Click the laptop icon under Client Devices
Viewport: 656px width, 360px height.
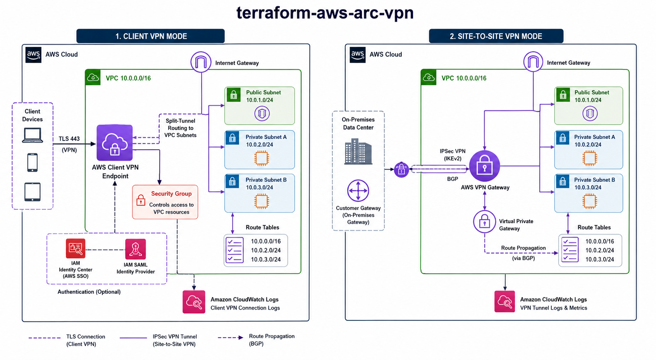pos(33,135)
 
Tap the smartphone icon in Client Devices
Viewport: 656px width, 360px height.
pos(33,162)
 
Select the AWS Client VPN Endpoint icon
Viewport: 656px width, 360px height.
pos(115,143)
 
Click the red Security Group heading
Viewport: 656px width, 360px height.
pos(171,194)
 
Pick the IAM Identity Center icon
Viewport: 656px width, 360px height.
pos(76,248)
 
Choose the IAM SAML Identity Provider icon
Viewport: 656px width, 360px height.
pos(135,249)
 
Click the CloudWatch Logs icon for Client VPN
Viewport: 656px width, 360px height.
pos(194,302)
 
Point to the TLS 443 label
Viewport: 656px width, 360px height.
pos(69,139)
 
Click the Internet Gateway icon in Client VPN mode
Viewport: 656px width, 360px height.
pos(201,62)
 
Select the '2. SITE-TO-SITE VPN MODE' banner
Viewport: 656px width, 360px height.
pos(496,36)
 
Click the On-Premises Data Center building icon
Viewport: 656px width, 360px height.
pos(358,152)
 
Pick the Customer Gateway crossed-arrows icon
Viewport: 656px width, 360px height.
pos(358,191)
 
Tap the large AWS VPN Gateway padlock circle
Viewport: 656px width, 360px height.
pos(485,166)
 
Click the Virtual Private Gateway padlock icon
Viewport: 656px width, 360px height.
pos(485,222)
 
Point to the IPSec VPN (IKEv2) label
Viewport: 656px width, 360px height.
pos(453,155)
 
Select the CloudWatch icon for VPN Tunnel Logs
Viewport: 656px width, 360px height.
pos(504,302)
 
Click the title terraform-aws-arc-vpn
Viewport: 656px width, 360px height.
pos(325,13)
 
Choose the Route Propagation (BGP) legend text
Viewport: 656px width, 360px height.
pos(272,340)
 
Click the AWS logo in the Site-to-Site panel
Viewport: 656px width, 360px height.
pos(358,55)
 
